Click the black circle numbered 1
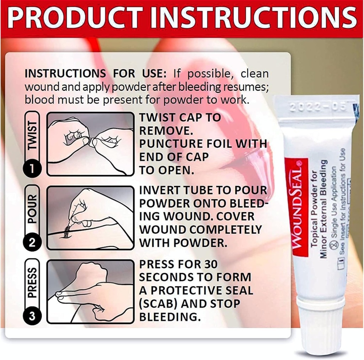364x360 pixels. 32,168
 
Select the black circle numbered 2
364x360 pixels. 32,243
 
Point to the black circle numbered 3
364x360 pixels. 32,316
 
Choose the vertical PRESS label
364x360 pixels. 32,283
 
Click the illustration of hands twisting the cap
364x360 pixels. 91,144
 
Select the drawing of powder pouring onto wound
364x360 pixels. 91,218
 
